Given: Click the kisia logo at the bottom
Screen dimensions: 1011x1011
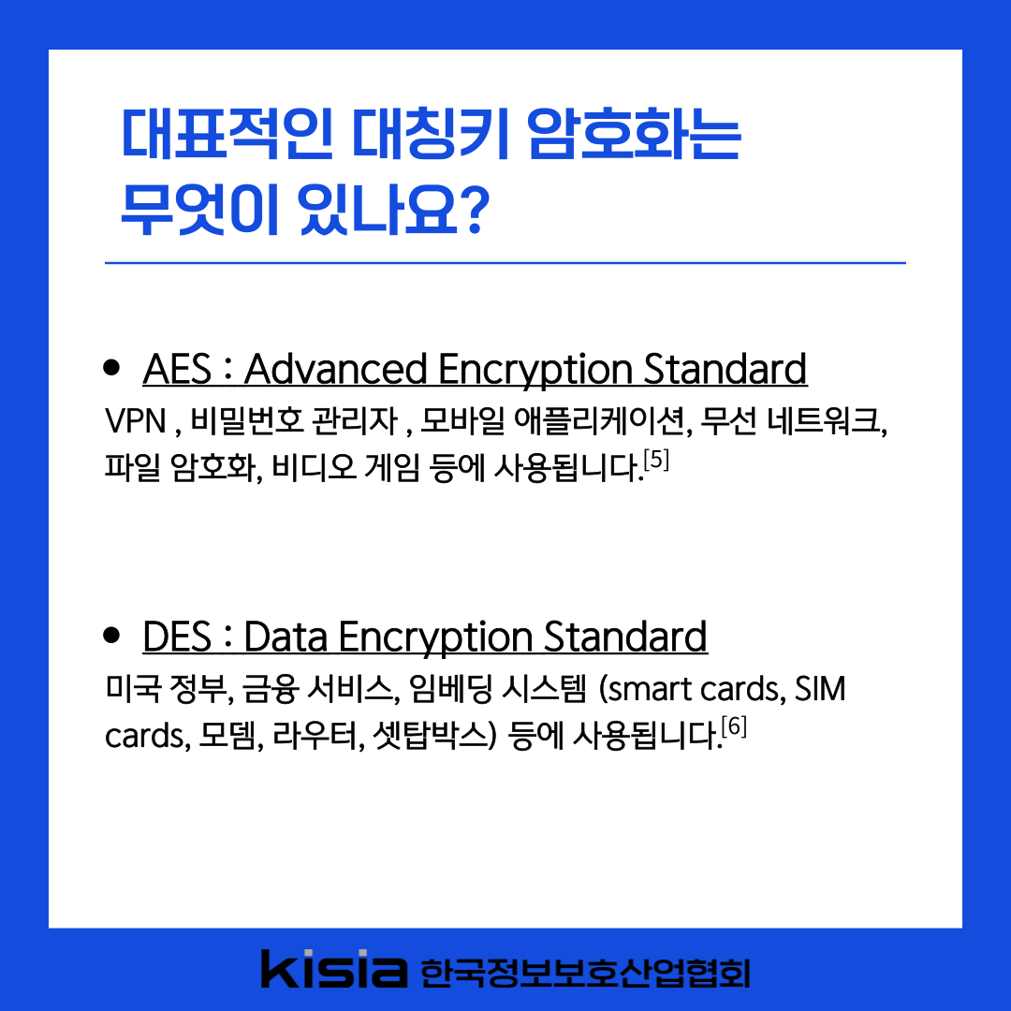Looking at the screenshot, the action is [x=334, y=969].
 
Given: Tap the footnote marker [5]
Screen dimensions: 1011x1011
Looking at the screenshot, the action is [x=656, y=460].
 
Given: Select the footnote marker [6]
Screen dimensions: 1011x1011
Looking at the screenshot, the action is [x=734, y=726].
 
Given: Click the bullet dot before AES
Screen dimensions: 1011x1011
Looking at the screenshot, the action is [x=111, y=367].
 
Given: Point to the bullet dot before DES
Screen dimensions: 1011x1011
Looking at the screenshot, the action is [x=111, y=635].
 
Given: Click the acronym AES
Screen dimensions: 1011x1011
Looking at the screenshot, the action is [x=177, y=370].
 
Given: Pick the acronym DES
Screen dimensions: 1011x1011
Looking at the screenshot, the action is [x=177, y=637].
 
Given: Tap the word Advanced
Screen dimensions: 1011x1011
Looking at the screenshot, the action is [x=335, y=370].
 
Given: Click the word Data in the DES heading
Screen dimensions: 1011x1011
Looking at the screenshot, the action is [x=286, y=637].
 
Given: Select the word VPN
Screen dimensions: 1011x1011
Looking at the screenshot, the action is [x=136, y=421].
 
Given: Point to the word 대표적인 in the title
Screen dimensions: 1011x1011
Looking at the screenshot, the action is [x=227, y=134].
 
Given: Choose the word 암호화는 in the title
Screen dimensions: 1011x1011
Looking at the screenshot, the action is [x=634, y=134].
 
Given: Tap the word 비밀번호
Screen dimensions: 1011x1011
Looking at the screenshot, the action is [x=247, y=421].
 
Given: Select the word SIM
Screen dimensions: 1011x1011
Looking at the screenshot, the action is [x=820, y=689].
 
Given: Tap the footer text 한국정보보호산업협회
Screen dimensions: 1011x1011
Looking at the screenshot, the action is [x=585, y=973].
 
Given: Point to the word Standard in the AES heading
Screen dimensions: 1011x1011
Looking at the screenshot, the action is [x=725, y=370].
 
